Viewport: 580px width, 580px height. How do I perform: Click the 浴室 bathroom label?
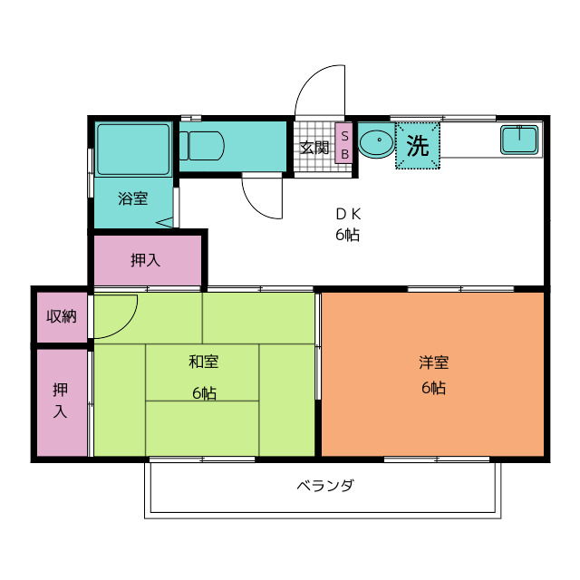133,198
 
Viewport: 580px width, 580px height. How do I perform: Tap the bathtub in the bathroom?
133,150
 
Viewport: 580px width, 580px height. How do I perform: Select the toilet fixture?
202,146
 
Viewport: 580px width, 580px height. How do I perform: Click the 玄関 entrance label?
314,148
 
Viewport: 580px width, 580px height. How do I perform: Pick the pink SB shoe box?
344,143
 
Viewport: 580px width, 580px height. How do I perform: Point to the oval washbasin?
377,143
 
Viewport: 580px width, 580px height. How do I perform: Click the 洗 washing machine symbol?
418,146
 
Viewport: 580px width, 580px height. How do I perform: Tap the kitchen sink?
519,140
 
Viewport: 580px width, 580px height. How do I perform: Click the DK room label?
348,214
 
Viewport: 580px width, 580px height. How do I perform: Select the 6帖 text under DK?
347,235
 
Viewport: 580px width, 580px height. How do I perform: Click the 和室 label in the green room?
203,362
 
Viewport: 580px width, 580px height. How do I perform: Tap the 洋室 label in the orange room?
433,362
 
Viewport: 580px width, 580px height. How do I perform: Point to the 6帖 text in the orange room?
433,388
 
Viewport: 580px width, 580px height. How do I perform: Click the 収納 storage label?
62,316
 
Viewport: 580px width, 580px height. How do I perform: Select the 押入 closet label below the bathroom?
145,260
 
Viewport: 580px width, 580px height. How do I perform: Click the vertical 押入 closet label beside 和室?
61,401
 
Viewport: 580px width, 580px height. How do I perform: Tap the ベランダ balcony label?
325,485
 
